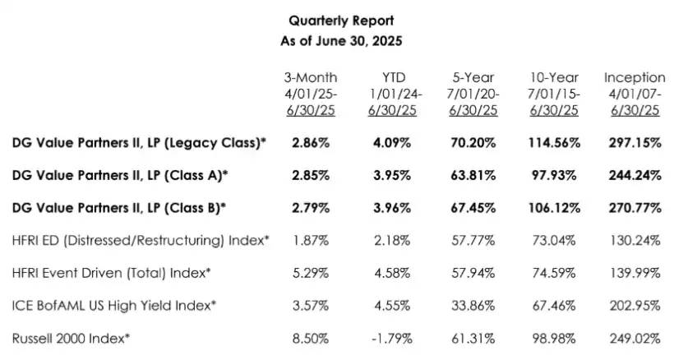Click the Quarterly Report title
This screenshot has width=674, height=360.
[335, 21]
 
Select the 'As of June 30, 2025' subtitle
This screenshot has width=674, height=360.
[335, 39]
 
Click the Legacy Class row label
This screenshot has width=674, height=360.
[139, 142]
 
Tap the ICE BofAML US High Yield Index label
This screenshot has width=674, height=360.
[114, 304]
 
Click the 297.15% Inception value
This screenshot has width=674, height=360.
[635, 142]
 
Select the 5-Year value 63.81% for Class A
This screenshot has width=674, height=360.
[473, 175]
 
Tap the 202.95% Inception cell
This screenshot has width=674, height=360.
[635, 304]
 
